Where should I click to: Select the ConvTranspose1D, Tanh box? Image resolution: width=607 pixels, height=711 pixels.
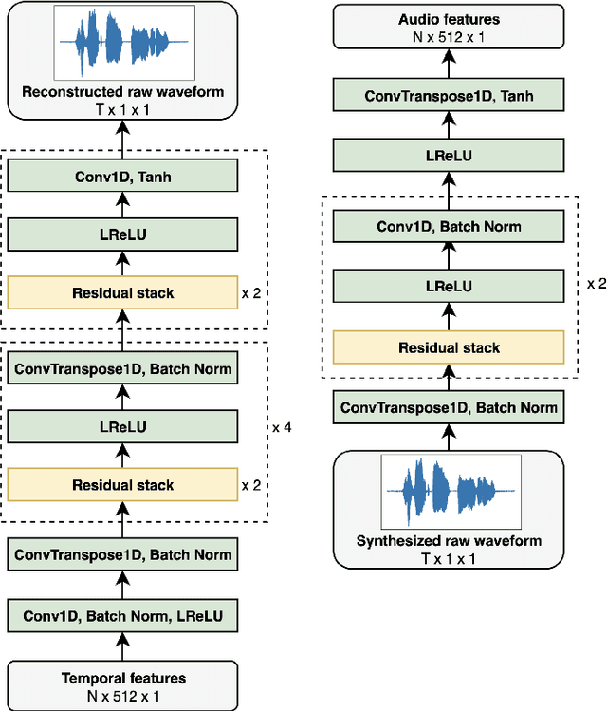click(448, 96)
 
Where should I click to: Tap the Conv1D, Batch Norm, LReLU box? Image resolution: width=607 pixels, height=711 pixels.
click(122, 617)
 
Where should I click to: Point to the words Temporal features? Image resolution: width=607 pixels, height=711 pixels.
click(123, 678)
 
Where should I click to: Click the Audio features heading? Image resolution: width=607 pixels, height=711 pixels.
click(448, 19)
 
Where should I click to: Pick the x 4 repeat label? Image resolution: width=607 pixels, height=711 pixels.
click(282, 427)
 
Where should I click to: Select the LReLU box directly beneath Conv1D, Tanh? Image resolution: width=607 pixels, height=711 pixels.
click(122, 234)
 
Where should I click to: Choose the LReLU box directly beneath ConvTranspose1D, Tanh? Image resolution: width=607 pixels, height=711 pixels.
click(448, 155)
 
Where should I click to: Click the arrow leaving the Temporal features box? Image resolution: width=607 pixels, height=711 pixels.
click(122, 647)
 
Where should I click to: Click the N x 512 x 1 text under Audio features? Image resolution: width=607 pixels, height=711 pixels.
click(448, 35)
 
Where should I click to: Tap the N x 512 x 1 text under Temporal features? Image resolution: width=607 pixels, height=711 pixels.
click(123, 694)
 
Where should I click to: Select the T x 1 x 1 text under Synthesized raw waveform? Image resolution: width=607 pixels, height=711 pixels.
click(448, 557)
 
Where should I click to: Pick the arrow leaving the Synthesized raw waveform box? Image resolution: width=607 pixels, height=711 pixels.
click(448, 438)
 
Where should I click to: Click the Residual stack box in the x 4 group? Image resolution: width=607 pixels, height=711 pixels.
click(122, 485)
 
